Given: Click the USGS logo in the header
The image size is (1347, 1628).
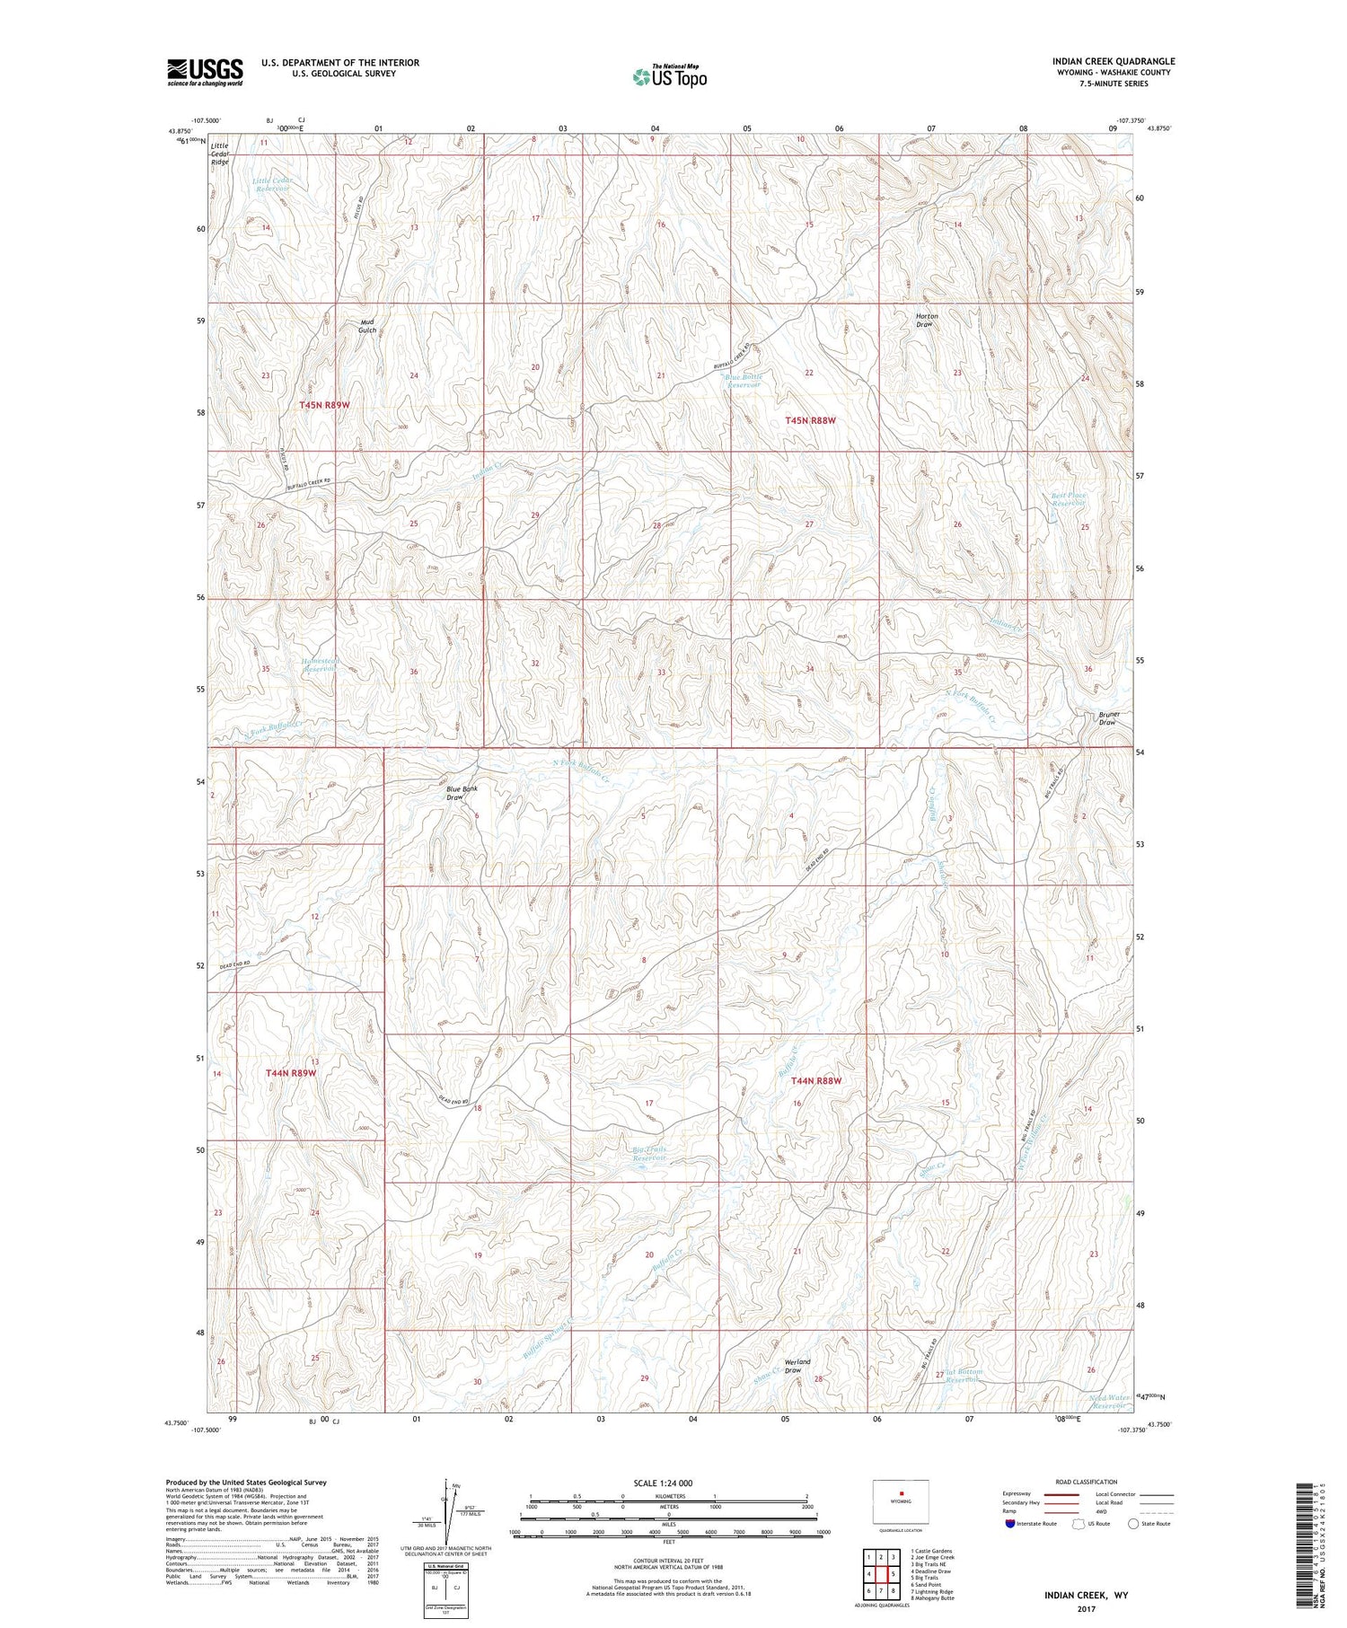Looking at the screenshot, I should point(205,71).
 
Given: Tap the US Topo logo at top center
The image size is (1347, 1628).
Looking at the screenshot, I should point(669,76).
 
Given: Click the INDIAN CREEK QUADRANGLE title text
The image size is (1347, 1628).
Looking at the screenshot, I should point(1114,61).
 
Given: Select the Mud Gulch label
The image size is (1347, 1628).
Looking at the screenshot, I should point(367,326).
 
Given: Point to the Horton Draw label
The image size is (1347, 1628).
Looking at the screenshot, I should point(924,321).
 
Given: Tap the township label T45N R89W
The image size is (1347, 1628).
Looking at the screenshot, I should point(324,405).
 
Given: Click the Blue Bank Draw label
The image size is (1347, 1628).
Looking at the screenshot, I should point(462,793).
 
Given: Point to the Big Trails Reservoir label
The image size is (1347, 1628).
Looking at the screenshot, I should point(649,1154).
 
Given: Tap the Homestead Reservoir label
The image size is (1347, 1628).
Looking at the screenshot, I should point(320,665).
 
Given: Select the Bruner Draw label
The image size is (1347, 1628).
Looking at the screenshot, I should point(1106,718).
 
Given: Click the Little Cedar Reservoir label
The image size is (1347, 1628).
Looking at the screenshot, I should point(273,185).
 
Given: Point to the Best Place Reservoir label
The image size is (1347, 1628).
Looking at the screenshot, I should point(1069,499).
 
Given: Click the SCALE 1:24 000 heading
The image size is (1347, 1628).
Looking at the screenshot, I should point(664,1483).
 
